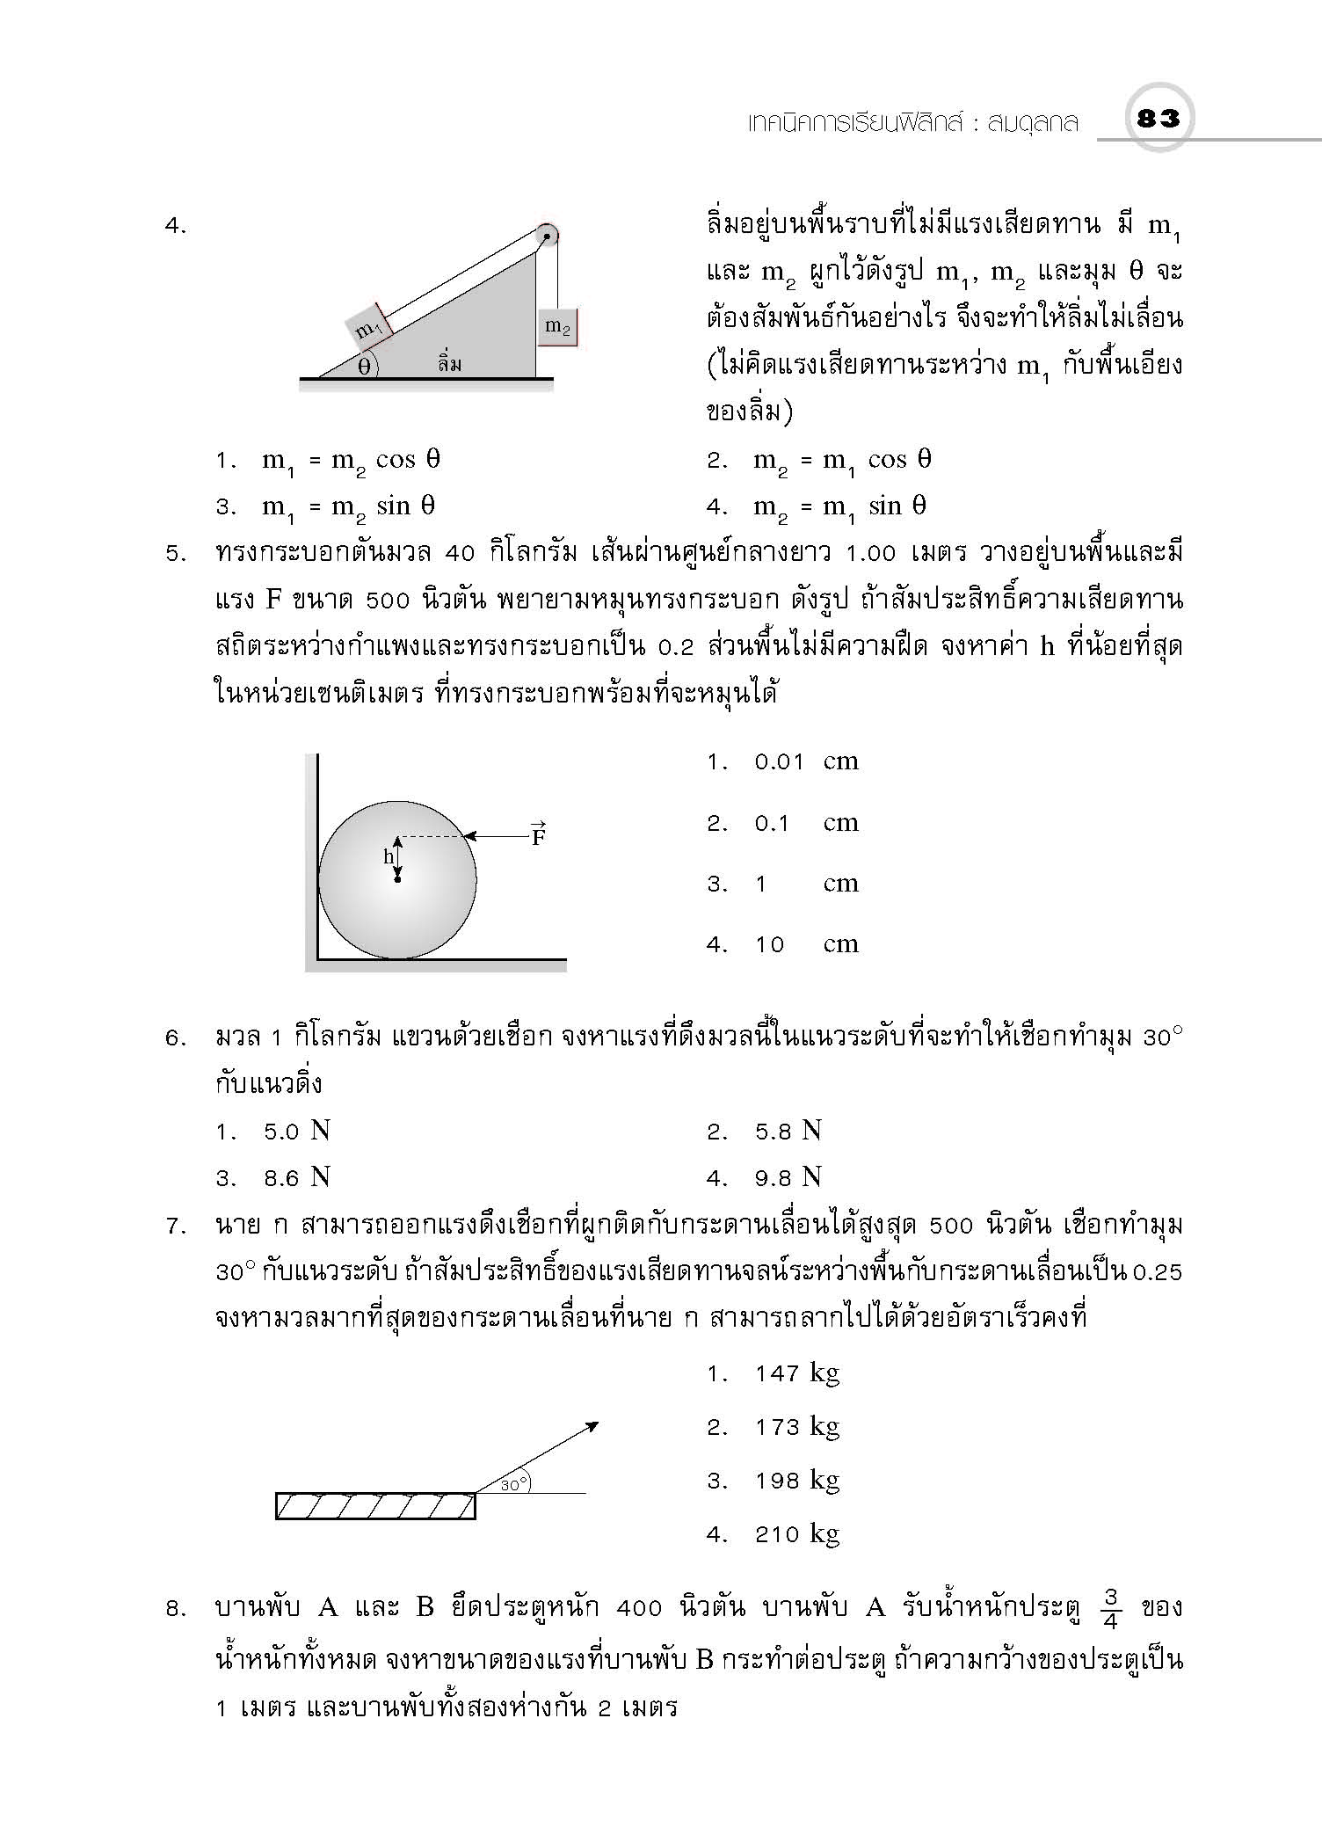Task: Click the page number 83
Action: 1158,118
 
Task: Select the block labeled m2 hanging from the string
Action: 557,327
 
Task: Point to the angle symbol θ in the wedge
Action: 364,367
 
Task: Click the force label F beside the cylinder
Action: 538,835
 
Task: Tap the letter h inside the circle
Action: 388,856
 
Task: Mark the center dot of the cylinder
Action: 397,878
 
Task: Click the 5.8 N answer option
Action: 788,1131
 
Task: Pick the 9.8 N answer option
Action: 788,1177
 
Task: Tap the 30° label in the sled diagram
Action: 514,1484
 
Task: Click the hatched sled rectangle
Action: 375,1505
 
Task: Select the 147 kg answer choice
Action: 796,1373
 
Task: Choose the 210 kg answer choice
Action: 796,1534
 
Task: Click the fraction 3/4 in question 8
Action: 1110,1608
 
